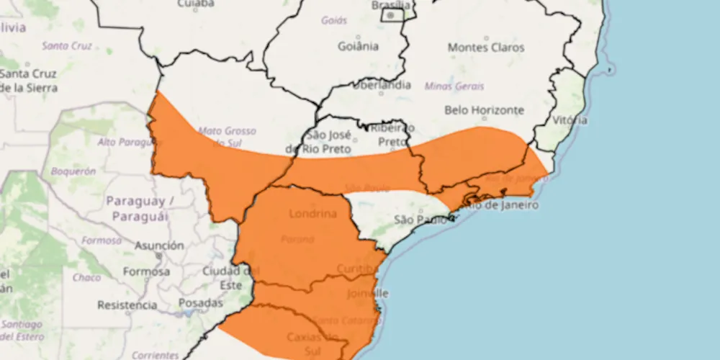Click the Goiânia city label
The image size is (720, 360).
(358, 47)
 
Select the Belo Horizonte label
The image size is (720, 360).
(484, 110)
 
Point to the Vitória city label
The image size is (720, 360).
(570, 120)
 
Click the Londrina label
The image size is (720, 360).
(312, 214)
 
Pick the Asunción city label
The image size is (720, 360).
(159, 246)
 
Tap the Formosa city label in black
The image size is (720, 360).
(146, 271)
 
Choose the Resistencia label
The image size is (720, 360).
(127, 305)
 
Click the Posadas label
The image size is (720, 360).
(200, 303)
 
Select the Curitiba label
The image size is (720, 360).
(356, 269)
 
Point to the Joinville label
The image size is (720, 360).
(367, 294)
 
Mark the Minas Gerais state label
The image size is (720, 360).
(455, 86)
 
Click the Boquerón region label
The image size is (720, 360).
(73, 171)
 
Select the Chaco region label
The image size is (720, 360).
(86, 277)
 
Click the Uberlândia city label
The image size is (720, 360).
(382, 85)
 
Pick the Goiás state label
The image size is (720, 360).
(334, 20)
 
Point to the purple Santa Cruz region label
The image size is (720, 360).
(66, 45)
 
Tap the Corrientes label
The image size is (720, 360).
(156, 355)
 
